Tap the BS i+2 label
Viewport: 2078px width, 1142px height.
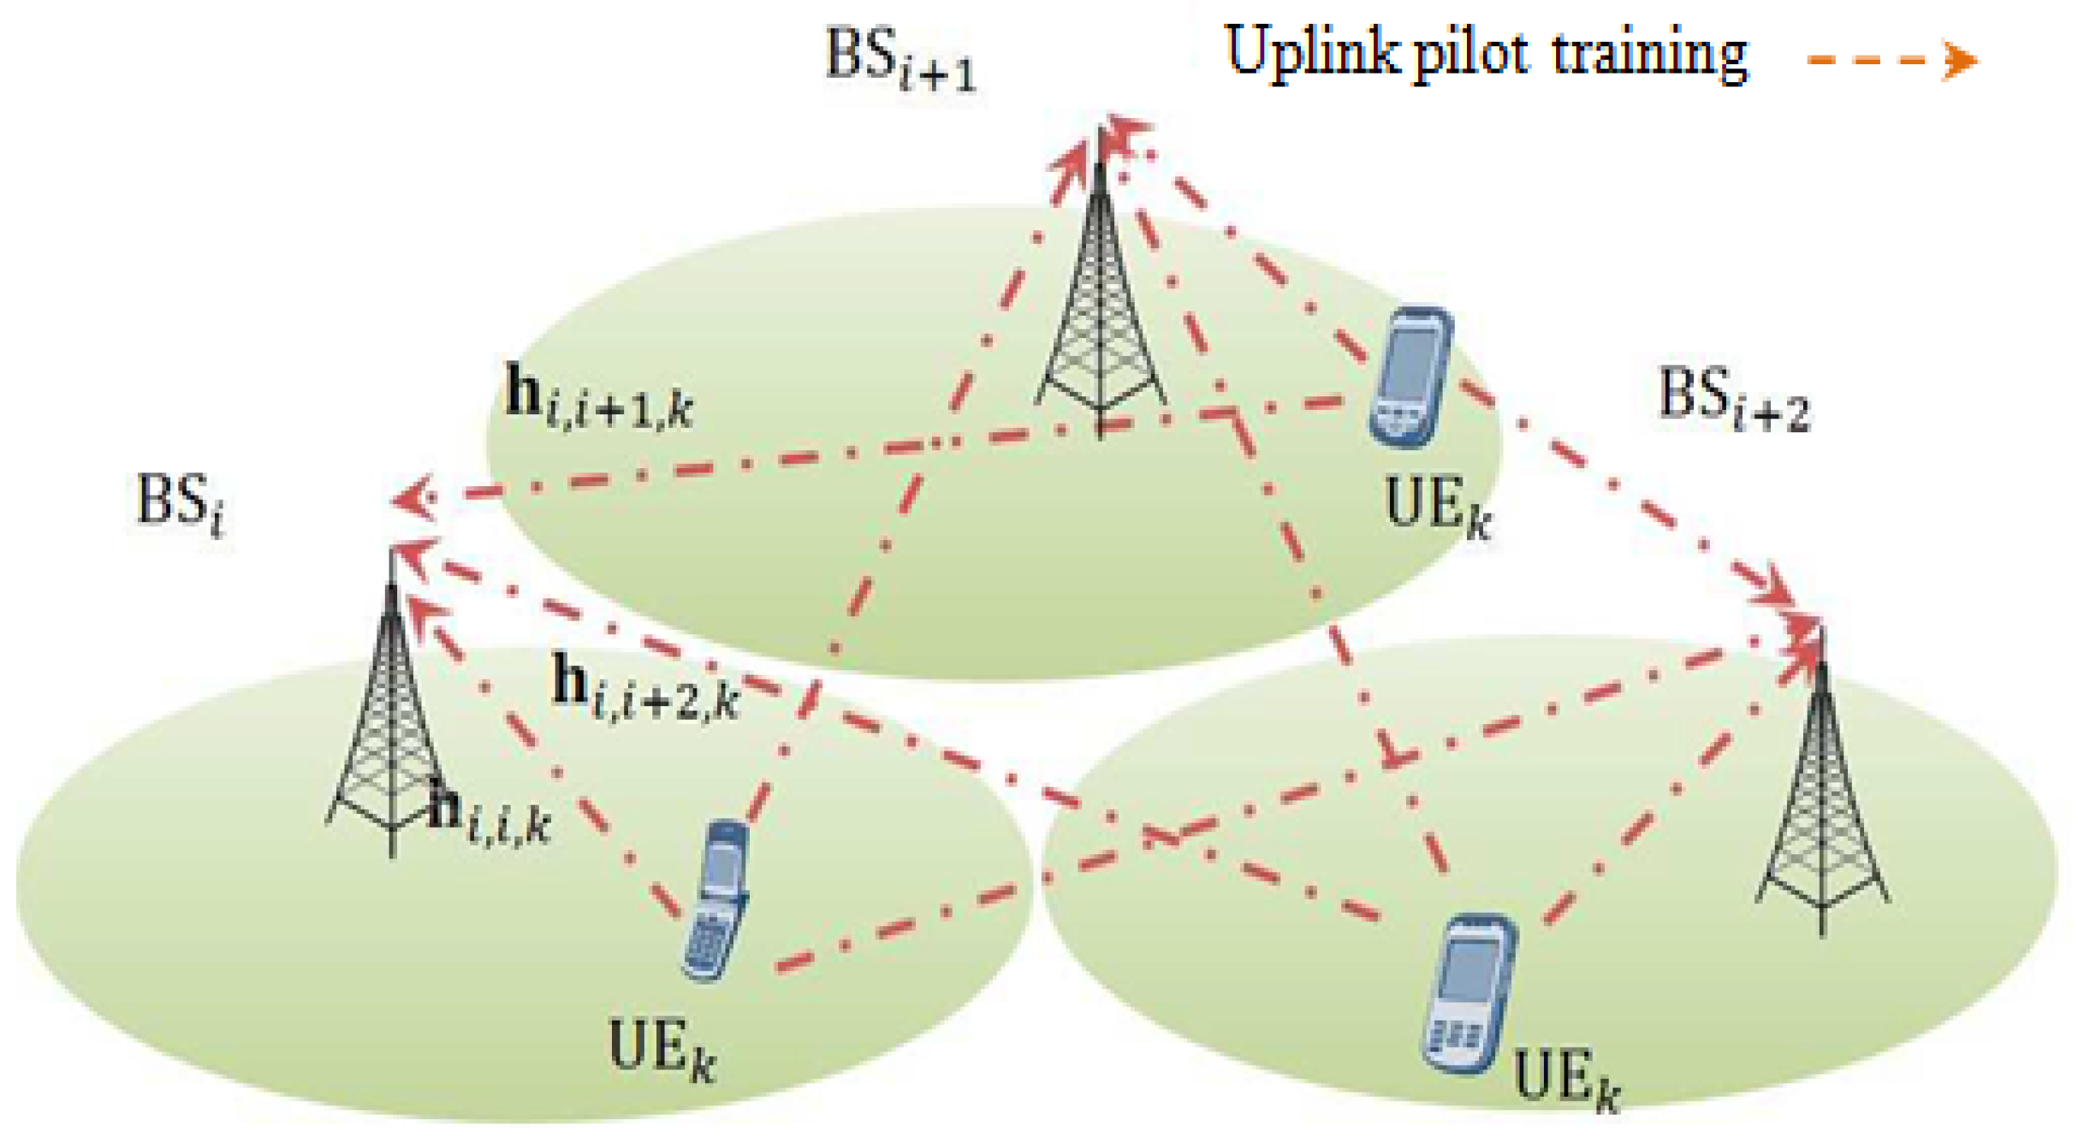coord(1733,401)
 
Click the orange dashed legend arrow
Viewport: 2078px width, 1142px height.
coord(1891,60)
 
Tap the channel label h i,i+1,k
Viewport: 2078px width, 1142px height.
coord(599,397)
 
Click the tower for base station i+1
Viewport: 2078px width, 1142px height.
coord(1101,300)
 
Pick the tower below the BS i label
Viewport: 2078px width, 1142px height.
coord(390,719)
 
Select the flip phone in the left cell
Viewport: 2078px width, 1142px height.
coord(717,899)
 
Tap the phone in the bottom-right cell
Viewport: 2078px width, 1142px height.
coord(1467,993)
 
